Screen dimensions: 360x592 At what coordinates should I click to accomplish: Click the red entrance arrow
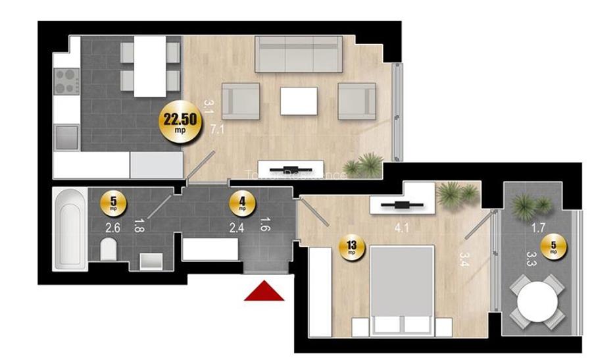264,292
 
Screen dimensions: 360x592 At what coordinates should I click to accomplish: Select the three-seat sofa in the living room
298,54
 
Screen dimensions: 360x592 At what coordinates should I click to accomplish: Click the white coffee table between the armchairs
298,101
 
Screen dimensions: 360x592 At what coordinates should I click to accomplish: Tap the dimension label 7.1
218,129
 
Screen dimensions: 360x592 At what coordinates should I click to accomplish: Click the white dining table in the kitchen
150,66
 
